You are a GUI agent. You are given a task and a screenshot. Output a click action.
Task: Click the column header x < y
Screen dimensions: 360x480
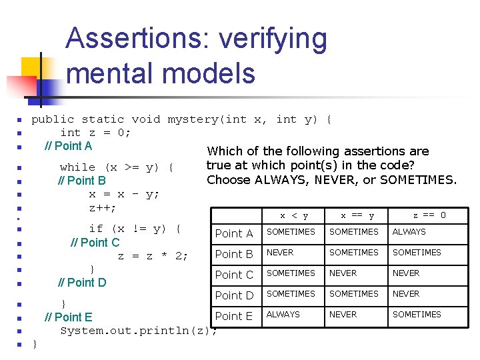pyautogui.click(x=294, y=215)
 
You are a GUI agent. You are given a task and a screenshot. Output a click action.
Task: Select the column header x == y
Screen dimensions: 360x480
pyautogui.click(x=357, y=215)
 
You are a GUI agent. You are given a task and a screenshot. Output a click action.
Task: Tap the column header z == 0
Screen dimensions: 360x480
pyautogui.click(x=429, y=215)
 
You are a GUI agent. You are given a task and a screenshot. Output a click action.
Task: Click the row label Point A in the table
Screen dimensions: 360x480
pyautogui.click(x=233, y=233)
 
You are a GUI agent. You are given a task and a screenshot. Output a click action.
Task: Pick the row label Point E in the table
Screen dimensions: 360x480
pyautogui.click(x=233, y=316)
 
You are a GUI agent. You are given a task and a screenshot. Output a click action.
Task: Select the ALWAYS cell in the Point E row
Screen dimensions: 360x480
pyautogui.click(x=283, y=314)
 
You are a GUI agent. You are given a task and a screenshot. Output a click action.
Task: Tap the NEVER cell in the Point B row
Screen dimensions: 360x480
pyautogui.click(x=280, y=253)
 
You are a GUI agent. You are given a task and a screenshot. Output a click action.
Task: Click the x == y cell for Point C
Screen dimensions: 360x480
pyautogui.click(x=343, y=273)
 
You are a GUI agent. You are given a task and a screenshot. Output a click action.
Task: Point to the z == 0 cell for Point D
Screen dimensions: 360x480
pyautogui.click(x=406, y=294)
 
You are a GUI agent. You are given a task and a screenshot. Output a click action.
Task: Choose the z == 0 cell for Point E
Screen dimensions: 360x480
pyautogui.click(x=417, y=315)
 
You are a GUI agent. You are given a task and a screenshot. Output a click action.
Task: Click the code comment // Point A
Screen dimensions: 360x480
pyautogui.click(x=68, y=146)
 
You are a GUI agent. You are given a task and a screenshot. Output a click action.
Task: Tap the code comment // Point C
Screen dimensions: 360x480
pyautogui.click(x=95, y=243)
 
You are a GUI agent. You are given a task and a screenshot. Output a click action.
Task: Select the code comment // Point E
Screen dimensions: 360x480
pyautogui.click(x=68, y=317)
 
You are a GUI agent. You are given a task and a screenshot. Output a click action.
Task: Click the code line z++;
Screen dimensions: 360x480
pyautogui.click(x=103, y=208)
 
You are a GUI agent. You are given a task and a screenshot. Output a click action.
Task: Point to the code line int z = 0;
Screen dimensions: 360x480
pyautogui.click(x=95, y=133)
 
